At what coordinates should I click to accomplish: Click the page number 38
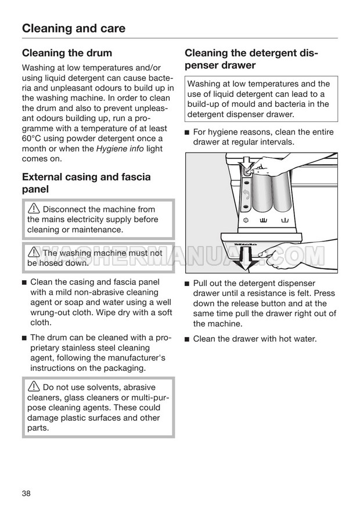tap(26, 493)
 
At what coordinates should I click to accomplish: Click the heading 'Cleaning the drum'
tap(67, 53)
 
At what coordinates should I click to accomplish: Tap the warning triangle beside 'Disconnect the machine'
tap(34, 208)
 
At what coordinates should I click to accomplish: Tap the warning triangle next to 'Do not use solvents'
tap(34, 386)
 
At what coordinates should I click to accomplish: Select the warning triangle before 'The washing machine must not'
tap(34, 252)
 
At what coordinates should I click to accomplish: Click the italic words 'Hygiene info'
tap(120, 149)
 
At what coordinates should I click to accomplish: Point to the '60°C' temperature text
tap(31, 138)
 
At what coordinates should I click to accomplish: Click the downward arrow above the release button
tap(246, 162)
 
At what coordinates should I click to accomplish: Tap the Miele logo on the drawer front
tap(246, 244)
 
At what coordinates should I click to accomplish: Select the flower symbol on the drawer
tap(246, 220)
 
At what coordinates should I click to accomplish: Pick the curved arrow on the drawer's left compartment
tap(246, 194)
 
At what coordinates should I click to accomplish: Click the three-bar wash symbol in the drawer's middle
tap(264, 221)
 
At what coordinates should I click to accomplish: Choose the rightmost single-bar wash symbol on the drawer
tap(285, 221)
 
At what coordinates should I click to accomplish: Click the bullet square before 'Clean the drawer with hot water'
tap(187, 339)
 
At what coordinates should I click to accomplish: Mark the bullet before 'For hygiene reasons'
tap(187, 132)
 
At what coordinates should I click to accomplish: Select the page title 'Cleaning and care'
tap(74, 28)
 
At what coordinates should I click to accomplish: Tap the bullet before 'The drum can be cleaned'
tap(24, 338)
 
